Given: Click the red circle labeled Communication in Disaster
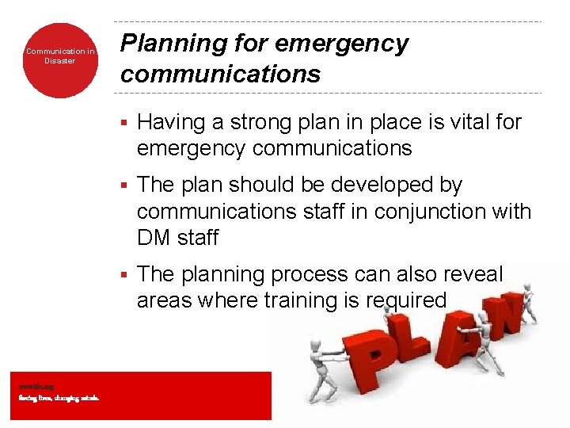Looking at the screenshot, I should tap(59, 60).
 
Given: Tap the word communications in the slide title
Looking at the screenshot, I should tap(220, 75).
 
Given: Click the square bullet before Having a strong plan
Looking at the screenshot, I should tap(123, 123).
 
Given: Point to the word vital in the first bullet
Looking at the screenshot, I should tap(466, 122).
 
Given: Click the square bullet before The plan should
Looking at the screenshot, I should tap(123, 185).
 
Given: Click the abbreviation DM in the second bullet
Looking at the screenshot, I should tap(155, 238).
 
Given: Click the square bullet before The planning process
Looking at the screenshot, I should tap(123, 275).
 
